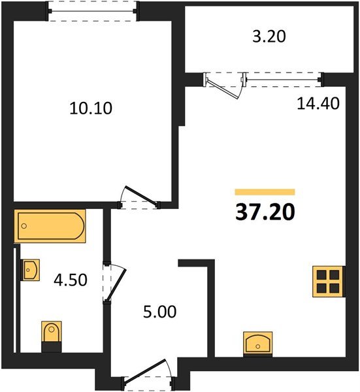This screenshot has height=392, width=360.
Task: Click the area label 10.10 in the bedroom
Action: [91, 108]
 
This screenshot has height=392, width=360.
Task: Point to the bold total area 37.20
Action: [264, 212]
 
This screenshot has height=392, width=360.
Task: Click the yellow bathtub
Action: [50, 226]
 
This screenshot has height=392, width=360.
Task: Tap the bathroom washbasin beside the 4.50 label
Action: [30, 269]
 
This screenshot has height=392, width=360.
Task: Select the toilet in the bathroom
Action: [50, 335]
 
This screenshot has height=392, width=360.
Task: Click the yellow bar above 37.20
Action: [264, 192]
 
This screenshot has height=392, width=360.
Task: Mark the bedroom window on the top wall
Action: [93, 11]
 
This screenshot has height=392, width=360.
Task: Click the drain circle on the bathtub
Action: [24, 227]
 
